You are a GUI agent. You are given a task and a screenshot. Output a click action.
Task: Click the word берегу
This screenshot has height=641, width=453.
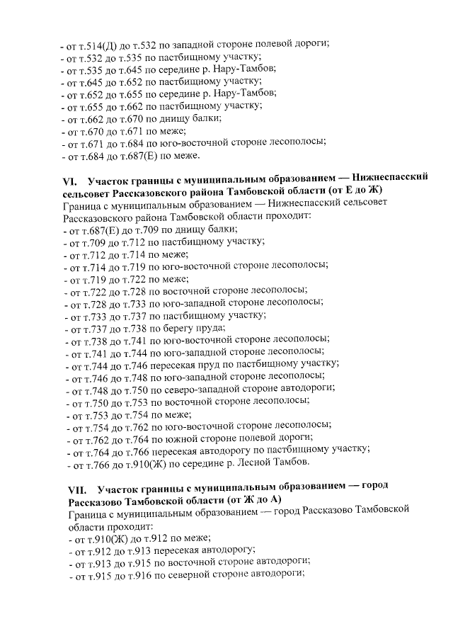[x=177, y=327]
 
